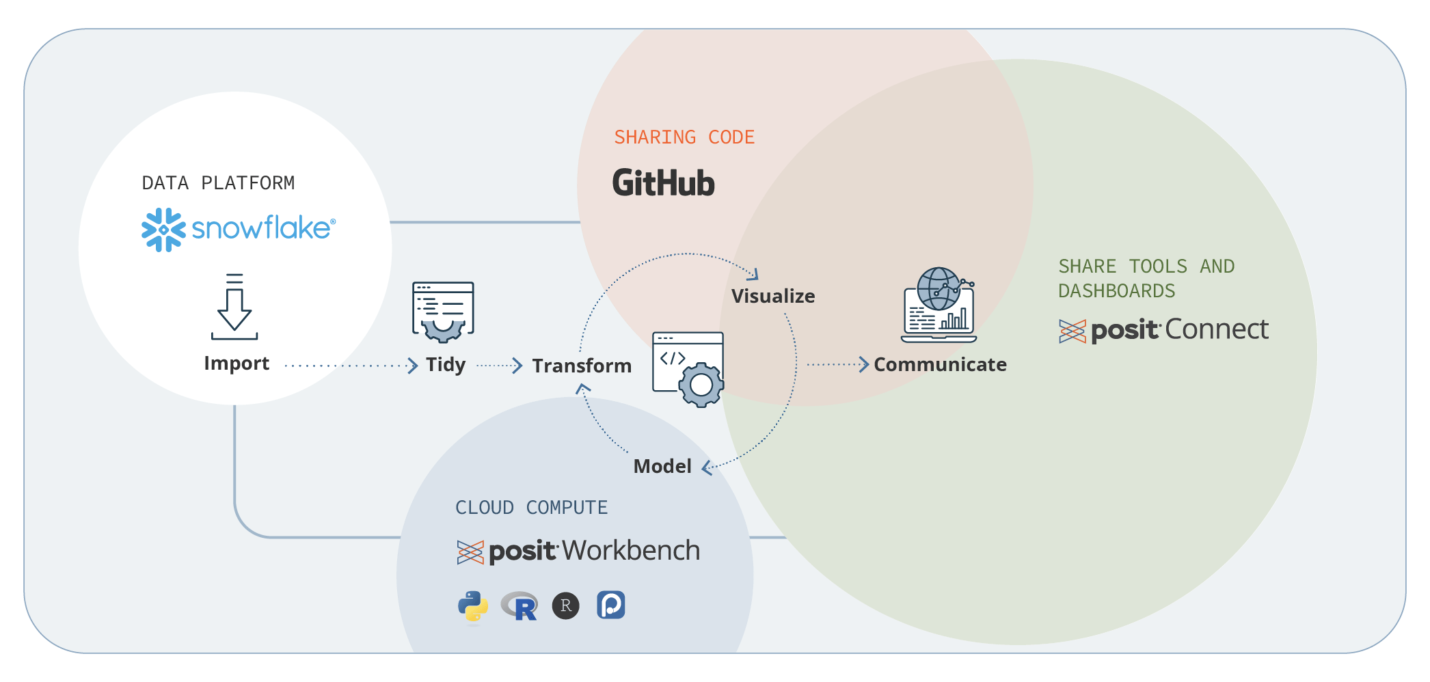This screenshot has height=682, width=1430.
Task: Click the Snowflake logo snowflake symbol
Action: [163, 230]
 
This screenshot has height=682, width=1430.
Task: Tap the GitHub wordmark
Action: [663, 183]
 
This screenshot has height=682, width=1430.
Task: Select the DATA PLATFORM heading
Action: [218, 183]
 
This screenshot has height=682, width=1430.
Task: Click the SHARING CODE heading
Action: [684, 137]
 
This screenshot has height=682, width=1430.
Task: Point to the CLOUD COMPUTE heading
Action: [531, 508]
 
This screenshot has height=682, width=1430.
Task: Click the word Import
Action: [237, 364]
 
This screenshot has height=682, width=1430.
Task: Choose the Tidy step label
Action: [446, 365]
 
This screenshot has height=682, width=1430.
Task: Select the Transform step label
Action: [582, 366]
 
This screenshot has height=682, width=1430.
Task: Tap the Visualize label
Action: [773, 297]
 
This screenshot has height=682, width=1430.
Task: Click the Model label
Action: [662, 467]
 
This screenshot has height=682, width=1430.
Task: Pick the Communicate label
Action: [940, 365]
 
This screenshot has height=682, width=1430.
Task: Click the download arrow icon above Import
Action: [234, 307]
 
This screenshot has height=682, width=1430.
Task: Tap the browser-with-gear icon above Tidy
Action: [443, 312]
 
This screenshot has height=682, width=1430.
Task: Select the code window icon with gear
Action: [688, 368]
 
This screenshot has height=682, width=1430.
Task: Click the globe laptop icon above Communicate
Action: [939, 305]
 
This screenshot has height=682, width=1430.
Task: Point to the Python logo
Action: [473, 607]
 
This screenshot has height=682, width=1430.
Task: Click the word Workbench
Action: [632, 551]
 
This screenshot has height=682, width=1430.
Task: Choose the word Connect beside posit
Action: [1217, 330]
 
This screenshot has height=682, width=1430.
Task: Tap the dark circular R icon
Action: [565, 605]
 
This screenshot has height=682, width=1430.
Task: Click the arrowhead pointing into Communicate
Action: [864, 364]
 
